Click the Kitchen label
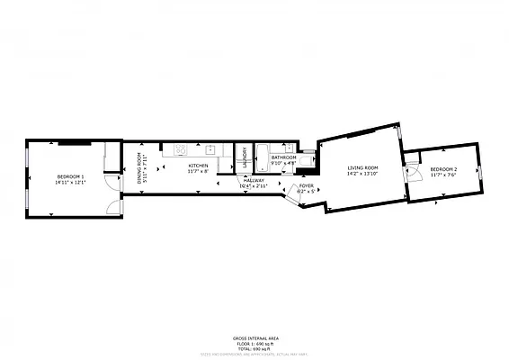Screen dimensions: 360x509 click(198, 166)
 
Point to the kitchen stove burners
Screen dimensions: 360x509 click(181, 149)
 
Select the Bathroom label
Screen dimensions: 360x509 click(284, 157)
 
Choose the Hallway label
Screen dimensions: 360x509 click(254, 180)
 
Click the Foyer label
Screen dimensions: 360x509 click(307, 185)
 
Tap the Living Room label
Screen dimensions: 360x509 click(362, 168)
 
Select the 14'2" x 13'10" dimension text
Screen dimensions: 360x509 click(362, 175)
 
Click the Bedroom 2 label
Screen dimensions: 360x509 click(442, 170)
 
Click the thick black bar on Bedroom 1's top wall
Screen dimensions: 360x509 click(75, 141)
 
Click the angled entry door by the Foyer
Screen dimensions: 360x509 click(293, 195)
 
